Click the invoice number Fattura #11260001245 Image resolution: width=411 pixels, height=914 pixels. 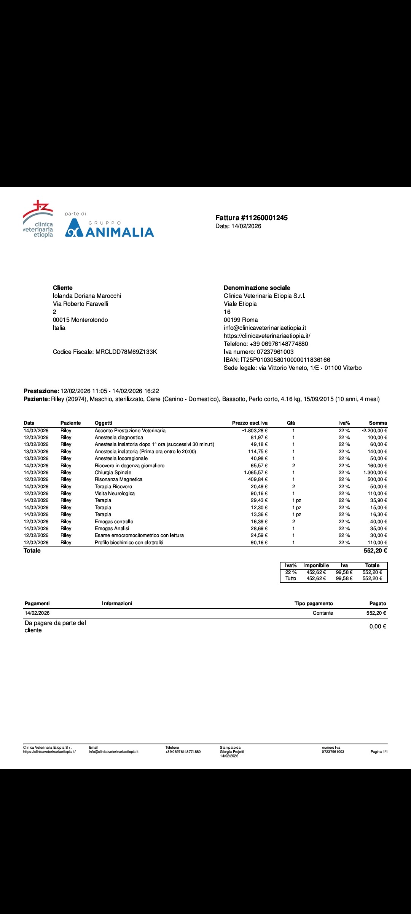point(251,218)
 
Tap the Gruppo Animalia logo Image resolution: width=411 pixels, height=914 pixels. point(109,228)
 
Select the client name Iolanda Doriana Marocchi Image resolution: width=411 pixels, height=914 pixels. point(87,296)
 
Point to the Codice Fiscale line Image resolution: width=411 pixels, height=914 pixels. point(105,352)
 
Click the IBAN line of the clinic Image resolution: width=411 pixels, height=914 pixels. point(277,360)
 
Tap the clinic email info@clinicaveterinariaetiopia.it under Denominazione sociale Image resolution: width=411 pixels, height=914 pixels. point(264,328)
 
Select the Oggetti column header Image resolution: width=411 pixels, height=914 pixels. point(103,423)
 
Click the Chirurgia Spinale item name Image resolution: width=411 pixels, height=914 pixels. point(113,473)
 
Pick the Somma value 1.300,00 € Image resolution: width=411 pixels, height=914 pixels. point(375,473)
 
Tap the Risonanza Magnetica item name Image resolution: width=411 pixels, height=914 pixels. point(118,479)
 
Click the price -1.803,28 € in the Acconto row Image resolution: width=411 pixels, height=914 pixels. point(255,431)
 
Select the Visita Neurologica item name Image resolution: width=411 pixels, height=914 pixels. point(115,494)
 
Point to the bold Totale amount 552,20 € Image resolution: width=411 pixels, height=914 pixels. point(375,551)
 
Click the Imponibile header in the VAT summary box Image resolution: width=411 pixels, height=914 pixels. point(316,566)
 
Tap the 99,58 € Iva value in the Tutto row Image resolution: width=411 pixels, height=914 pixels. point(344,578)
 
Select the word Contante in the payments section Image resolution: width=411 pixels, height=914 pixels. point(323,613)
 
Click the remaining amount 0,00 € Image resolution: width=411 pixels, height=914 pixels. point(378,626)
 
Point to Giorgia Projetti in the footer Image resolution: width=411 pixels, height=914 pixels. point(232,752)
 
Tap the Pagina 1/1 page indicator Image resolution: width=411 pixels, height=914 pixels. point(379,752)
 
